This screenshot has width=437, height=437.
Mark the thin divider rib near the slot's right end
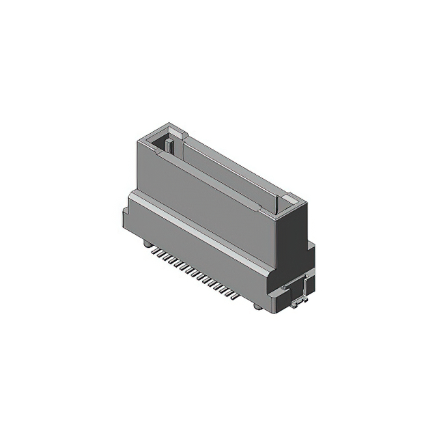click(x=277, y=203)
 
